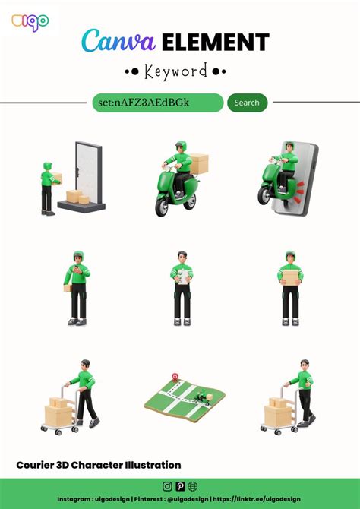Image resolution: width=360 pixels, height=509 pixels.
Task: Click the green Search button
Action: point(248,103)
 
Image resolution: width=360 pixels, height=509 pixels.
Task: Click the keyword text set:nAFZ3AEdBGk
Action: point(144,103)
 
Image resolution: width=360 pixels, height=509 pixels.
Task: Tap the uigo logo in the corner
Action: point(30,22)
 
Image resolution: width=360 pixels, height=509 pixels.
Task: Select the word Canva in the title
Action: point(118,41)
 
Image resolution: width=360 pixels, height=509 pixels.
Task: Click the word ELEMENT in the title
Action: point(216,43)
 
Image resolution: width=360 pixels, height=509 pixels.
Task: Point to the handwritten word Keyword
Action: point(175,71)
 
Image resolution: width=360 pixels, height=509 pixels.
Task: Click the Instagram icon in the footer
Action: point(167,486)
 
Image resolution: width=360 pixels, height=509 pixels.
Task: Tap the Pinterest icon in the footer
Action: point(180,486)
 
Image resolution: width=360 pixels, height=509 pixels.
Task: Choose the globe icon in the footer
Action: point(192,486)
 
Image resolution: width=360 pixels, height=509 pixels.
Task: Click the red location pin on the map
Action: point(175,377)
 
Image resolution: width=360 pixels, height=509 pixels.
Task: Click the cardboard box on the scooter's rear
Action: point(199,163)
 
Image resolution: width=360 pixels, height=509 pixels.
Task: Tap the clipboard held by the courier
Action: point(183,277)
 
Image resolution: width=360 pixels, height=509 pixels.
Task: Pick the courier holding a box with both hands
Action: point(290,288)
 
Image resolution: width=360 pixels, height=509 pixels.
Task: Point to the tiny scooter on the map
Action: point(204,397)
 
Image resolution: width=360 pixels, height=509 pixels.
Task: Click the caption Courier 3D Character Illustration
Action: point(99,465)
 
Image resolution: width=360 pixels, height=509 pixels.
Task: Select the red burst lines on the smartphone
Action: point(299,192)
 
